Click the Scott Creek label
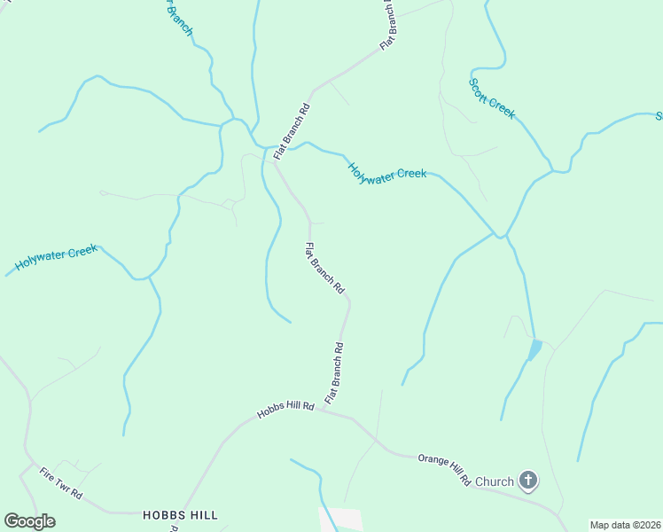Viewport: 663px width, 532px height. (491, 98)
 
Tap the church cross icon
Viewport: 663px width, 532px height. (528, 481)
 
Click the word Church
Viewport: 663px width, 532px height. (494, 481)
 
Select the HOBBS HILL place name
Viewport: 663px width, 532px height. (180, 514)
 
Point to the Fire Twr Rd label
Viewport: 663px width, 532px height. (61, 482)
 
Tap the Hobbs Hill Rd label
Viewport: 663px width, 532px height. (285, 410)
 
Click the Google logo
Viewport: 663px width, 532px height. (29, 521)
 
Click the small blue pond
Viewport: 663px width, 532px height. (534, 349)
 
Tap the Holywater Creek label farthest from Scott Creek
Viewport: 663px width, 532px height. (56, 258)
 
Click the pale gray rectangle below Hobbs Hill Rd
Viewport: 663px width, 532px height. (347, 520)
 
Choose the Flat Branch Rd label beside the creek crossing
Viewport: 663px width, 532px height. (292, 131)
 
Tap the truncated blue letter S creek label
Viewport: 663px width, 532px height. (659, 116)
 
